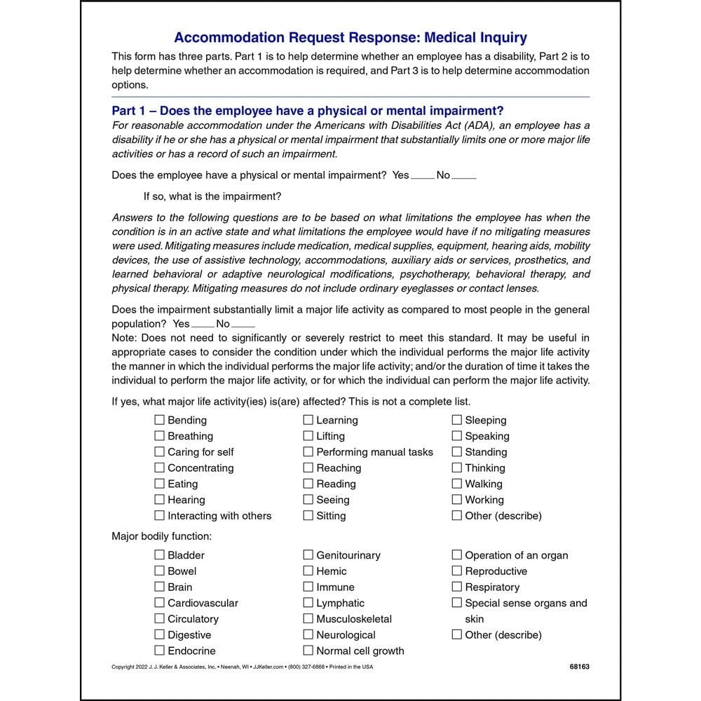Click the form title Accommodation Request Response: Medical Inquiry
pyautogui.click(x=350, y=38)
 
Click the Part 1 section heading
pyautogui.click(x=307, y=111)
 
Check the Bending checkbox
pyautogui.click(x=159, y=420)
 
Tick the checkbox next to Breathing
pyautogui.click(x=159, y=436)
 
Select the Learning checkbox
pyautogui.click(x=308, y=420)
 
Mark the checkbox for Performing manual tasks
pyautogui.click(x=308, y=452)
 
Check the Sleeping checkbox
pyautogui.click(x=457, y=420)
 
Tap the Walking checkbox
pyautogui.click(x=457, y=484)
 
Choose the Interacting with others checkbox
pyautogui.click(x=159, y=516)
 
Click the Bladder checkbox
pyautogui.click(x=159, y=555)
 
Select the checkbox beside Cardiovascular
pyautogui.click(x=159, y=603)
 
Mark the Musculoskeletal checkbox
pyautogui.click(x=308, y=619)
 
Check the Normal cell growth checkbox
pyautogui.click(x=308, y=651)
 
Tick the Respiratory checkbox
pyautogui.click(x=457, y=587)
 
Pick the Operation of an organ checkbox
pyautogui.click(x=457, y=555)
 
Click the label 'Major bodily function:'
pyautogui.click(x=161, y=536)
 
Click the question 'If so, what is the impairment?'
pyautogui.click(x=212, y=196)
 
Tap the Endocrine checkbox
pyautogui.click(x=159, y=651)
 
